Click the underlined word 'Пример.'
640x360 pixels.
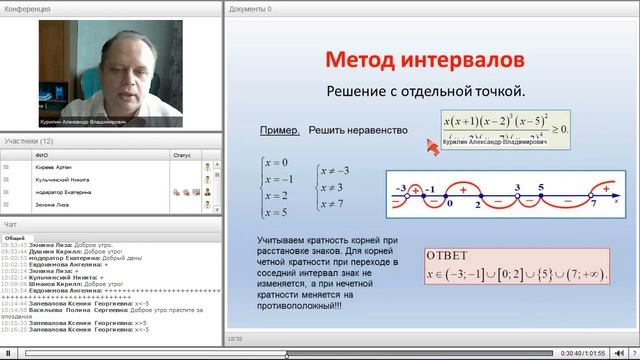pos(279,131)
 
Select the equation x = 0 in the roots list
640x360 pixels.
pos(276,163)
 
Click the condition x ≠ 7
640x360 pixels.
pos(334,204)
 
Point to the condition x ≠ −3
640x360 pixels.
pos(333,169)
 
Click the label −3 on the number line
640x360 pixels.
pos(399,187)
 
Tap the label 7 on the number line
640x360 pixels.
pos(594,204)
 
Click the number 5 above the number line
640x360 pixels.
pos(539,186)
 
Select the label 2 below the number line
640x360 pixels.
pos(478,204)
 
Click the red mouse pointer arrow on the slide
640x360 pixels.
pos(433,148)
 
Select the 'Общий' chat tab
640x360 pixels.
pos(15,237)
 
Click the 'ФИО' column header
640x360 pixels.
pos(40,155)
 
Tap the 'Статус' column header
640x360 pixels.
pos(181,155)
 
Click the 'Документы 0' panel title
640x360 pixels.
pos(250,8)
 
